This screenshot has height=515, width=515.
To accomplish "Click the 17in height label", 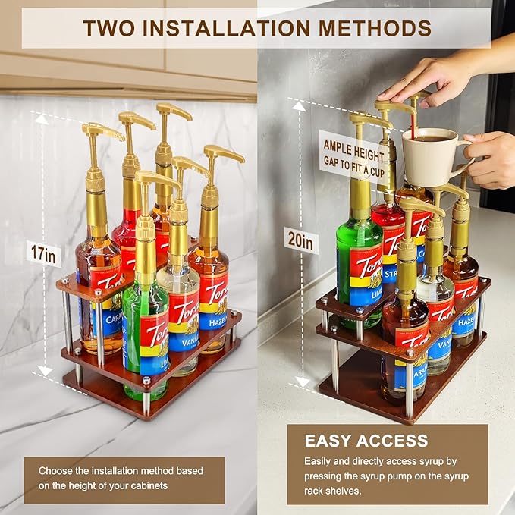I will coord(43,255).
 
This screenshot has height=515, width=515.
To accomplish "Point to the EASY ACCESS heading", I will coord(366,441).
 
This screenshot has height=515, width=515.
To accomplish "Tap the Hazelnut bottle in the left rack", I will coord(211,281).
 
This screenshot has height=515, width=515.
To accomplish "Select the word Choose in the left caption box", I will coord(55,470).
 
